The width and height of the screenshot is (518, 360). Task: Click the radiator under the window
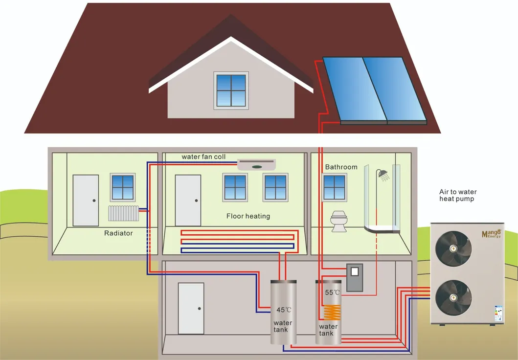tap(123, 213)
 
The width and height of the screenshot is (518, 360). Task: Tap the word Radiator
tap(118, 233)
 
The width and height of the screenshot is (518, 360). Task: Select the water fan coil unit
tap(256, 165)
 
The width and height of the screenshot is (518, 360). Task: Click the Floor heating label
tap(248, 216)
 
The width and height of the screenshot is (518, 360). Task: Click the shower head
tap(384, 175)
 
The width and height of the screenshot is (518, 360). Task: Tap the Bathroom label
tap(341, 167)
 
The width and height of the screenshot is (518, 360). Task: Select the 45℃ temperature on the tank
tap(284, 310)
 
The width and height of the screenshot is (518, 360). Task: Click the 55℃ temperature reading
tap(332, 292)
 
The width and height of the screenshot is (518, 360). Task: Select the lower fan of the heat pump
tap(453, 298)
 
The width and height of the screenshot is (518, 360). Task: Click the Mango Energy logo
tap(491, 233)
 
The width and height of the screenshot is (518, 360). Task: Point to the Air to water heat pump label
tap(457, 196)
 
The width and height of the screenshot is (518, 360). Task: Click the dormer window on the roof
tap(231, 90)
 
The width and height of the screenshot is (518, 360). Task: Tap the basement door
tap(191, 309)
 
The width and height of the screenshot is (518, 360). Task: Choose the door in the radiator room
tap(86, 201)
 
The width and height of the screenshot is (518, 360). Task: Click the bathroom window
tap(335, 187)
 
